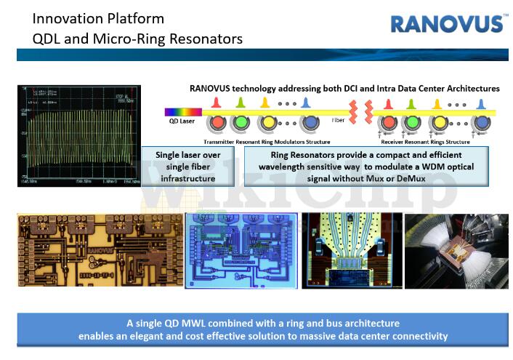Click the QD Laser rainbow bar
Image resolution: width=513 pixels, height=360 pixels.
177,112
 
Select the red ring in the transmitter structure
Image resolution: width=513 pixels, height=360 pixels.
217,121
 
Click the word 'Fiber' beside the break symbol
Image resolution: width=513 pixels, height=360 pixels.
339,120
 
